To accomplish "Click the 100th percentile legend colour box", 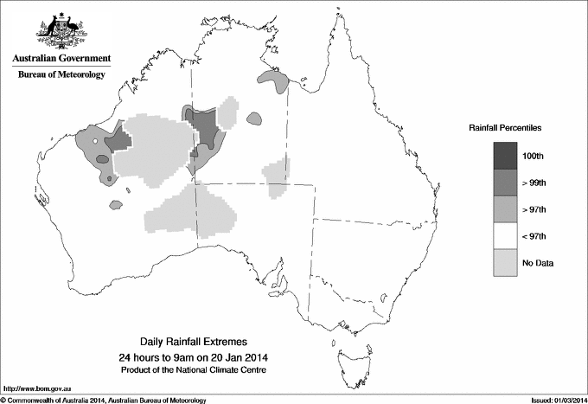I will coord(506,156).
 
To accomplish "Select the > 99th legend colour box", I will coord(506,183).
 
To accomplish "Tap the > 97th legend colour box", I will coord(506,209).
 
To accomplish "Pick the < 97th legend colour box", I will coord(506,236).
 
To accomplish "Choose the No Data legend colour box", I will coord(506,263).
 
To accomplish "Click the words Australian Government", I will coord(61,59).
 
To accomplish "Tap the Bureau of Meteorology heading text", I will coord(61,75).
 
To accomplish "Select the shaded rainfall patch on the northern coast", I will coord(274,80).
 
